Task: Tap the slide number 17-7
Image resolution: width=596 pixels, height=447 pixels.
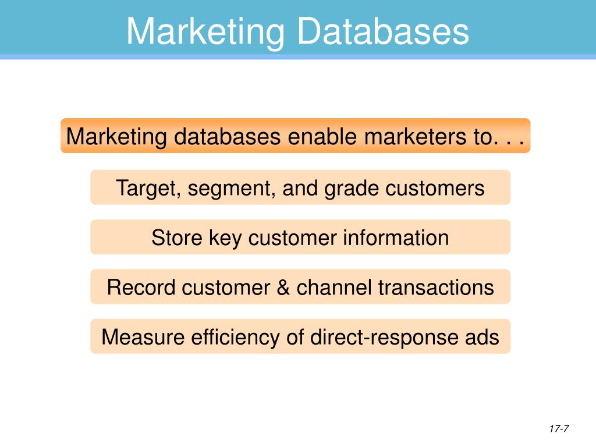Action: (x=558, y=429)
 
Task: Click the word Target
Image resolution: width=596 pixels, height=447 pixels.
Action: (x=139, y=188)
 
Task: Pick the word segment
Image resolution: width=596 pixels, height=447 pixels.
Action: (x=218, y=189)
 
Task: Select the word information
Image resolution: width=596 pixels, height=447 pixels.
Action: (x=396, y=237)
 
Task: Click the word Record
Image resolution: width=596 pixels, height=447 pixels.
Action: (x=141, y=287)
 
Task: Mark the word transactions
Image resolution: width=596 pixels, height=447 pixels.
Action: (x=436, y=287)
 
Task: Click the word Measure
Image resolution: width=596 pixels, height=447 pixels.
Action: (x=143, y=337)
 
